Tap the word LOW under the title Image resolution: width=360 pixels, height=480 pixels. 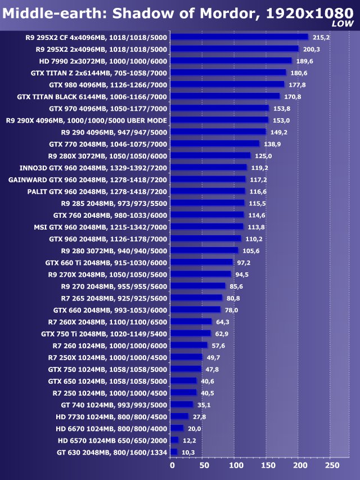343,24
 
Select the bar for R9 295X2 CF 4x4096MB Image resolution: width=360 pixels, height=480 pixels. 239,37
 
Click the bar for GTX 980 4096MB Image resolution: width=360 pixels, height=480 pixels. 227,84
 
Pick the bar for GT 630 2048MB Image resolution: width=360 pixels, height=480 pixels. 174,452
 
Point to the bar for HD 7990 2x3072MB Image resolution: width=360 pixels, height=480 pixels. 231,61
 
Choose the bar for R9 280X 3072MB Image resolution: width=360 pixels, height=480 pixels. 210,155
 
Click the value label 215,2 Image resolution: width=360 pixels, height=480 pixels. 321,38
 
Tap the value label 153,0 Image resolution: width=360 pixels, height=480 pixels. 281,120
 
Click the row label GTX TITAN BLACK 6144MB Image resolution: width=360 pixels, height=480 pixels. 92,96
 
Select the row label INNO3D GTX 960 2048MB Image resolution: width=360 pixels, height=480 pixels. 93,167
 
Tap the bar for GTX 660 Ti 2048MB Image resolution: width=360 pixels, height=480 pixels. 201,262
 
